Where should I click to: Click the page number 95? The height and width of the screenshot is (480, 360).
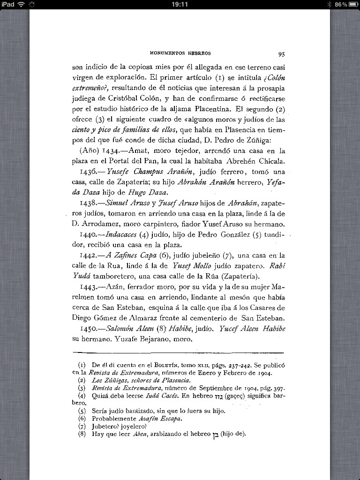(x=281, y=53)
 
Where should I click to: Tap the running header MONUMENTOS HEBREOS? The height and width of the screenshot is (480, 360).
(x=180, y=53)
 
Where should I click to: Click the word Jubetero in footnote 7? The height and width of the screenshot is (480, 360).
(x=105, y=426)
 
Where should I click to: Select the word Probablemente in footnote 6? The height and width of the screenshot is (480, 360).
(x=114, y=419)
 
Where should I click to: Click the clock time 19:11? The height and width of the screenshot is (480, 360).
(x=180, y=4)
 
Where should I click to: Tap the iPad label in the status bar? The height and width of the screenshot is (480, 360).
(x=8, y=4)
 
